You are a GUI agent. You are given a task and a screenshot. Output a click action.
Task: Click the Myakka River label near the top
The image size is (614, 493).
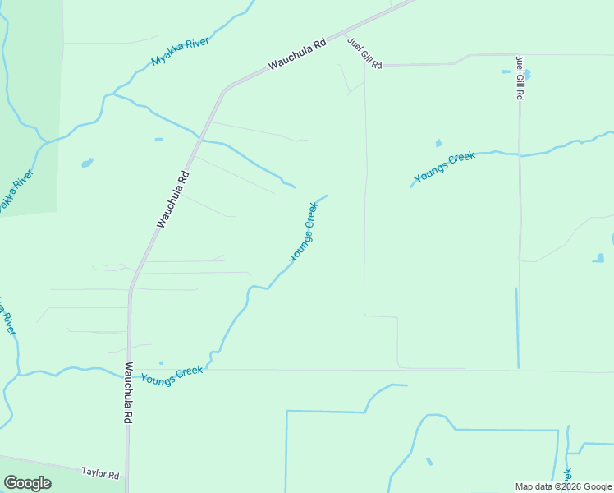coord(181,51)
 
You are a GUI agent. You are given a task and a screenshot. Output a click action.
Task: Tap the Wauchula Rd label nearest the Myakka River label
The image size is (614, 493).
coord(296,53)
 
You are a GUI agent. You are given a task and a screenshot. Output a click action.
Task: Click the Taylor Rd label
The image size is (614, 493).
coord(100,474)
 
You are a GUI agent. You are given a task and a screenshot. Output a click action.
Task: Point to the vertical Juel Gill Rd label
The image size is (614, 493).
coord(520,77)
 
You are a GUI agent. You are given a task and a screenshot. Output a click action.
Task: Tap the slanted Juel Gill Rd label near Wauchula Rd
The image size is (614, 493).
coord(365,53)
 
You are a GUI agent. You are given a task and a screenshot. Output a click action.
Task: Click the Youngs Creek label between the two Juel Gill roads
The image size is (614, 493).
coord(445,167)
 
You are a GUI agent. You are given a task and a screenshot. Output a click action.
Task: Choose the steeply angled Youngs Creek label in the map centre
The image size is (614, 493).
coord(304,232)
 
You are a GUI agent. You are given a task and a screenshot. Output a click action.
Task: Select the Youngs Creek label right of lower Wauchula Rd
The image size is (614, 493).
coord(172,375)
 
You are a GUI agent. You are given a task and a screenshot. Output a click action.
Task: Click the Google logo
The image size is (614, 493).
coord(27,483)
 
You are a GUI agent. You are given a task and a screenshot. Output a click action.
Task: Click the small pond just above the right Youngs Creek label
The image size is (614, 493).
coord(438,143)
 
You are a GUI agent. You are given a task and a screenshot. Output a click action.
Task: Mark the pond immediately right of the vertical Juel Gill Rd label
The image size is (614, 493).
coord(527,74)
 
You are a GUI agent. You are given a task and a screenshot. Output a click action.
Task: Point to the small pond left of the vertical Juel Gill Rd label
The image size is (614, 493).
coord(506,71)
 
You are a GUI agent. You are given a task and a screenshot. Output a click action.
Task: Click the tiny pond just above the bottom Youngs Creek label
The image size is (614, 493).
coord(161,362)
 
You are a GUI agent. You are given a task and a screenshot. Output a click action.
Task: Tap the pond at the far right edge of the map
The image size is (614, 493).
coord(598,258)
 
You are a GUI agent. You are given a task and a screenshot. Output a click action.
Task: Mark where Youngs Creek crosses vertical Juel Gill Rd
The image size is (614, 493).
coord(520,154)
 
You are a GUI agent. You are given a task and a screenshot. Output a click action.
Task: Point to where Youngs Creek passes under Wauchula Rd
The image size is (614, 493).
coord(129,375)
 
